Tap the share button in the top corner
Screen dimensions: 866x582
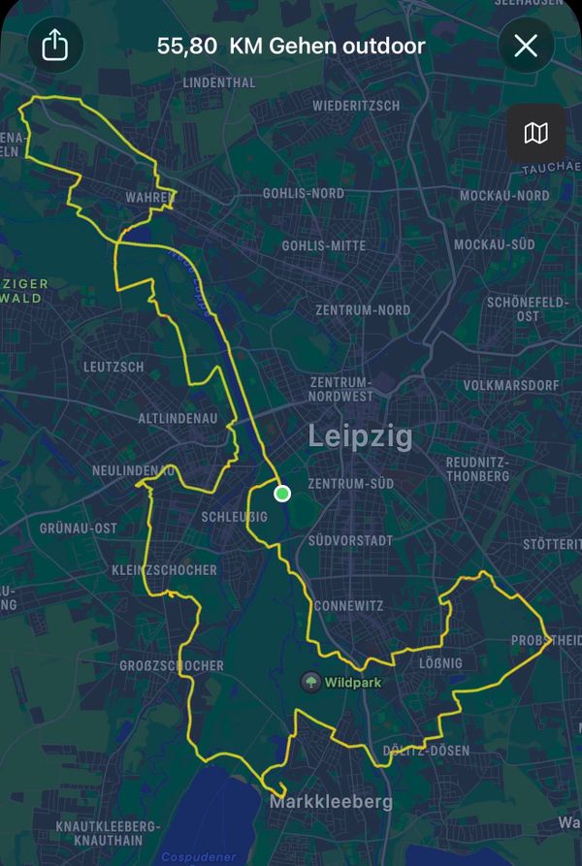point(55,46)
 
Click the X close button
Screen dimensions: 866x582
point(526,46)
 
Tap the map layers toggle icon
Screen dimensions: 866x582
point(536,133)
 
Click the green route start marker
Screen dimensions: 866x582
point(282,494)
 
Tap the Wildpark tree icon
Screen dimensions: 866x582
point(310,683)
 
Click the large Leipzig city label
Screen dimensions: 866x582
point(360,436)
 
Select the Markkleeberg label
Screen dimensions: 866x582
point(331,802)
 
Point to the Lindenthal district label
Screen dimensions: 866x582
point(218,83)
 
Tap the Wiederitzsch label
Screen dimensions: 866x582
point(357,105)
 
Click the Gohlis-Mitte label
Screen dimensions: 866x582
point(324,246)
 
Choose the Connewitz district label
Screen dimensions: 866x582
point(347,606)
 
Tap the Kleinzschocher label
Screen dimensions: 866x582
point(164,570)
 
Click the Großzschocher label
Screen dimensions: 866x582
point(171,666)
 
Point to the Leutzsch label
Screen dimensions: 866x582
point(113,367)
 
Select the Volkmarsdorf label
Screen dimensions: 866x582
point(507,385)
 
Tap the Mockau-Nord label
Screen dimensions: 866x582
point(504,196)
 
